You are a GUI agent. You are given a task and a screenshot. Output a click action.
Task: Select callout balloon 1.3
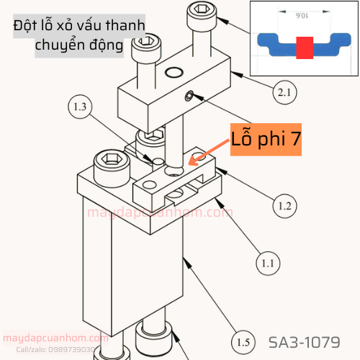point(80,108)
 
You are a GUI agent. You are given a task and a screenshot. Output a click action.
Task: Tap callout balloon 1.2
point(284,207)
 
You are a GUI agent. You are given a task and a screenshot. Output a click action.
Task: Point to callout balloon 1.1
point(268,264)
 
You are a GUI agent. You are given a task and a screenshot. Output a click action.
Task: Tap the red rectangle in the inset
point(304,48)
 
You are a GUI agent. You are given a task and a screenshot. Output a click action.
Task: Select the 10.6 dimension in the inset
point(302,13)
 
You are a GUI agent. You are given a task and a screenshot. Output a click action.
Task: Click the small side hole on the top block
point(189,96)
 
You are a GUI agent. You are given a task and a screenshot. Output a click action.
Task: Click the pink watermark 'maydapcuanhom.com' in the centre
point(160,213)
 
